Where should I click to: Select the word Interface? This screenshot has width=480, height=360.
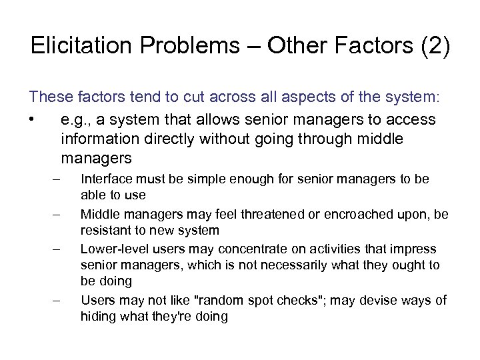pyautogui.click(x=104, y=179)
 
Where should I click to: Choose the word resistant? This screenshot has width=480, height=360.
pyautogui.click(x=105, y=231)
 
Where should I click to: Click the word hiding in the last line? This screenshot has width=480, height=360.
pyautogui.click(x=97, y=317)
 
